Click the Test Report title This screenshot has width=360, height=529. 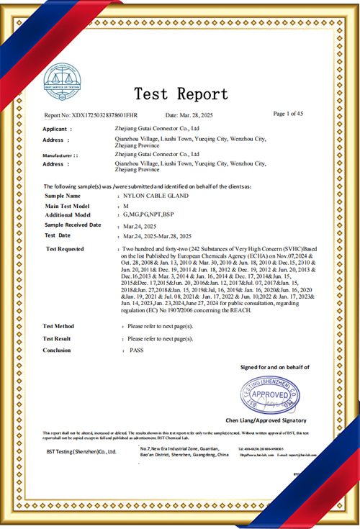coord(181,94)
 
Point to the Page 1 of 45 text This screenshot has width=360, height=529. coord(289,114)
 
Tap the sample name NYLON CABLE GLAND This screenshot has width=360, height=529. coord(161,196)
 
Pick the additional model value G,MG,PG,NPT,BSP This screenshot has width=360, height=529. coord(148,214)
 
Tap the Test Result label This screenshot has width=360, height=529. coord(58,338)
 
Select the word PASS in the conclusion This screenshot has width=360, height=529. coord(137,350)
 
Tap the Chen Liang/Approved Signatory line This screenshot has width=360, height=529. coord(265,420)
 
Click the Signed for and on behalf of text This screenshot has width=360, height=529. coord(274,367)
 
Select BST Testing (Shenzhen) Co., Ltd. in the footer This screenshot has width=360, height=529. coord(81,451)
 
